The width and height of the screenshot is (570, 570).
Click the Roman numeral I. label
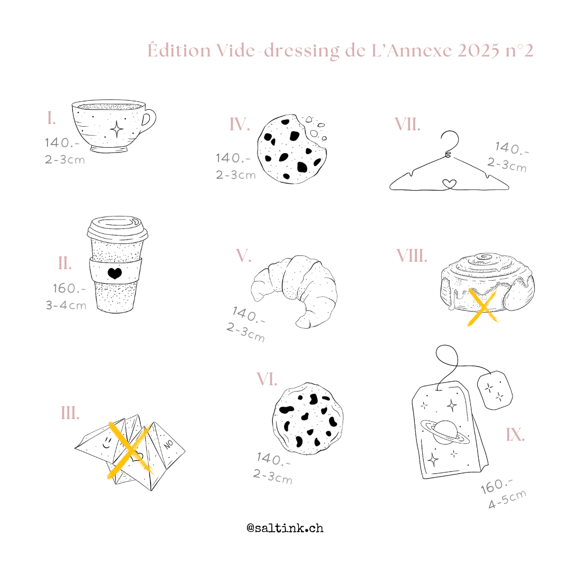[x=52, y=118]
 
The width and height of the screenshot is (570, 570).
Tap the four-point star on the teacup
[x=117, y=129]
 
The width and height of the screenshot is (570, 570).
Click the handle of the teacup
[x=148, y=119]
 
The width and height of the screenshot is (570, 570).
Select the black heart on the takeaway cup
[x=115, y=273]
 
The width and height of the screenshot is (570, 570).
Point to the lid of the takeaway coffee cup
[x=117, y=229]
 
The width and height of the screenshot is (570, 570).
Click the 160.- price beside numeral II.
[x=70, y=289]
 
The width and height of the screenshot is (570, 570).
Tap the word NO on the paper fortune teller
[x=168, y=443]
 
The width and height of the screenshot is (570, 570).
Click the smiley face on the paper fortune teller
[x=107, y=443]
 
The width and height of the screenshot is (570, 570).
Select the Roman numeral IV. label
[x=240, y=125]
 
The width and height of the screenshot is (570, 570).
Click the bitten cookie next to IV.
[x=291, y=149]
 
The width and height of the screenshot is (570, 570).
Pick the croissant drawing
[x=294, y=291]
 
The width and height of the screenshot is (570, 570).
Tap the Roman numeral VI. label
[x=267, y=379]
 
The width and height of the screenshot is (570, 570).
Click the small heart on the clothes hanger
[x=449, y=184]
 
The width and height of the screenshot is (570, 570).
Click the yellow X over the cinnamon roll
[x=482, y=307]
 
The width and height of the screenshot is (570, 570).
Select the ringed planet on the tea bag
[x=445, y=432]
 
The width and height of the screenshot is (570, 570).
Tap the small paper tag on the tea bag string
[x=495, y=390]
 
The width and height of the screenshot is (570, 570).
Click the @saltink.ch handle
[x=285, y=528]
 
